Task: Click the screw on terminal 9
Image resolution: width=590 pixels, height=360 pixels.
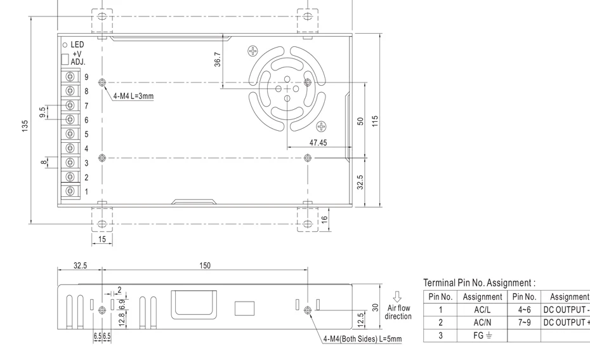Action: (70, 76)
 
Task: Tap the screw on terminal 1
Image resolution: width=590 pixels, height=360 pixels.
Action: (70, 191)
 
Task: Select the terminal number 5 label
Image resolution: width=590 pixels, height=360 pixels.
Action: (86, 135)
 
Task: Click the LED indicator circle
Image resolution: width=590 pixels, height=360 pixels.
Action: (65, 45)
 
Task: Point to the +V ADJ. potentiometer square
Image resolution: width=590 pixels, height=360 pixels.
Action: (65, 60)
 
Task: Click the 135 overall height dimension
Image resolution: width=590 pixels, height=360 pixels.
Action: (25, 126)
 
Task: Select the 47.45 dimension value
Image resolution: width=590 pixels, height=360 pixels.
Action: (318, 143)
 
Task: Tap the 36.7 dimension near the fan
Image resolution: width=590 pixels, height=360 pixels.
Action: (218, 60)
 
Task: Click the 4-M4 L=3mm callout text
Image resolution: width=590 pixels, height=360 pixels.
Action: (134, 96)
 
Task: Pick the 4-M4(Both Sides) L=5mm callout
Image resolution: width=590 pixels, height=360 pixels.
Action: (363, 339)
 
